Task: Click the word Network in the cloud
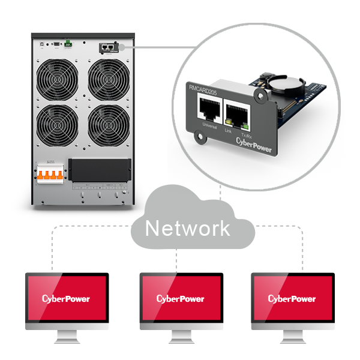point(187,228)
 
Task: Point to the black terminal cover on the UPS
point(100,170)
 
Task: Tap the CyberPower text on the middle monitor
point(180,298)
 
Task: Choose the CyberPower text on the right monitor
point(292,298)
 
